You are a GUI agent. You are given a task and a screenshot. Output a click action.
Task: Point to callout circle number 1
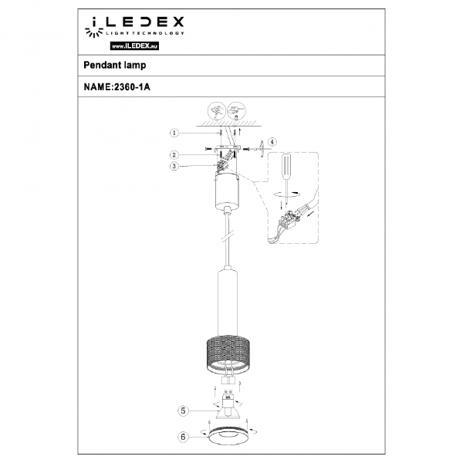pyautogui.click(x=174, y=132)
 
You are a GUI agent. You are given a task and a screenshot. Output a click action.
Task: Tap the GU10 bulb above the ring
pyautogui.click(x=228, y=405)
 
